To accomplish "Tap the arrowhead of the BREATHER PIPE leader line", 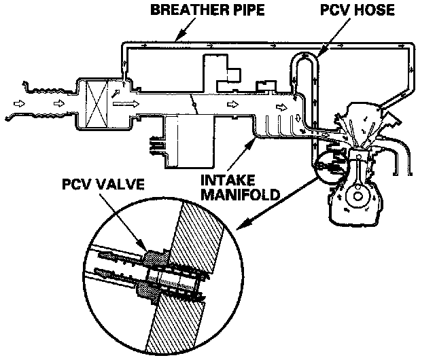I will [179, 38].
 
